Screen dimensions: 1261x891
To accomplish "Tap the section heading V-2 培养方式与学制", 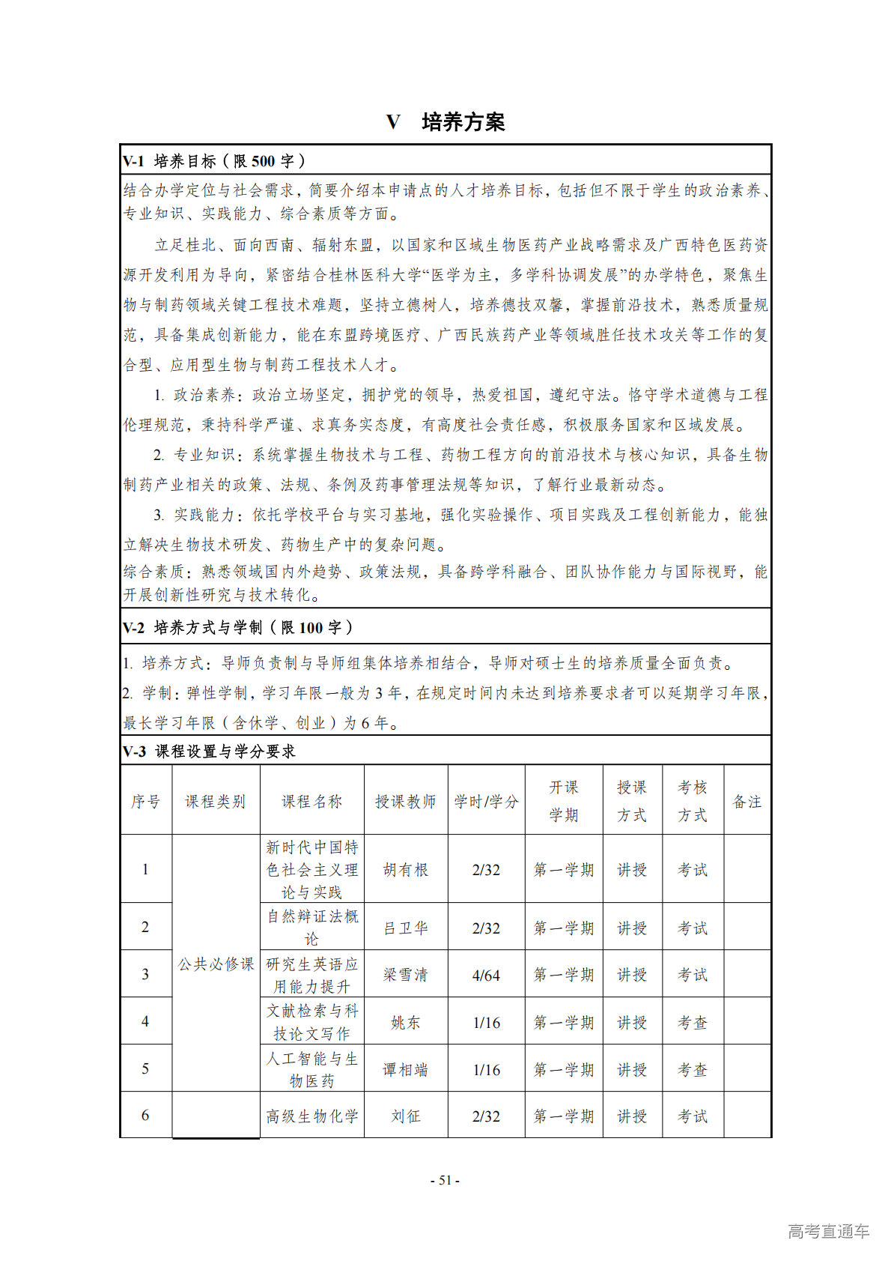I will pos(237,627).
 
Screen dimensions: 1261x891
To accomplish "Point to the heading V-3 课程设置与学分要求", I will pos(209,751).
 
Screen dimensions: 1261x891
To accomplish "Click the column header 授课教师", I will pos(405,801).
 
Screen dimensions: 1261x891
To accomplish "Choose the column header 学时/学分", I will pos(486,801).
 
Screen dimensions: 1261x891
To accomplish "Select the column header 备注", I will pos(746,801).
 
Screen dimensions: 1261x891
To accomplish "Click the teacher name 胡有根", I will pos(405,869).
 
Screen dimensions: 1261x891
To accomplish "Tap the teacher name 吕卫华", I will pos(405,928).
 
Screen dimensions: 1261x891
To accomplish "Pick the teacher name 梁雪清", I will pos(405,975).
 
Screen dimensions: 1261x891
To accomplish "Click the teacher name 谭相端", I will pos(405,1069).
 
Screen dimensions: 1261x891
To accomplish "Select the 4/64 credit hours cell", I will pos(486,975).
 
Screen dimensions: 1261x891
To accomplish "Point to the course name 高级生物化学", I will pos(312,1116).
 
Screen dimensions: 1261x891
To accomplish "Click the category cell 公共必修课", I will pos(216,964).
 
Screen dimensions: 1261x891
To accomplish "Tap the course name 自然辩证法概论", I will pos(312,927).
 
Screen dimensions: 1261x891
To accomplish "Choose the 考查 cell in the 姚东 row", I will pos(692,1022).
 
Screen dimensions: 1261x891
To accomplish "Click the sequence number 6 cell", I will pos(145,1115).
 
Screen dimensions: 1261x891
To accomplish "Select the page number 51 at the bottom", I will pos(445,1180).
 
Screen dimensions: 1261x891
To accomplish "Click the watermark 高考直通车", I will pos(828,1230).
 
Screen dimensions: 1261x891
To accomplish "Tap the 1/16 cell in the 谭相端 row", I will pos(486,1069).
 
